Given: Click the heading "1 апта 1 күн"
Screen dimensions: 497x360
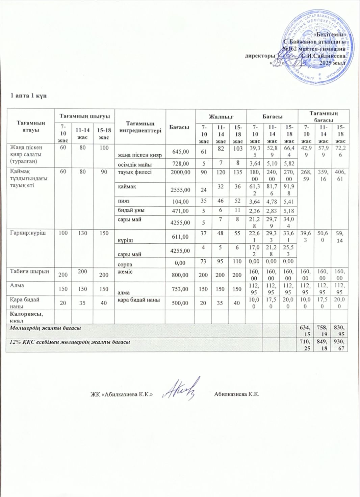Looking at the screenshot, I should [x=29, y=96].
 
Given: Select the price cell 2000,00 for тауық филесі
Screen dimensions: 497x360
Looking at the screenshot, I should [x=181, y=172].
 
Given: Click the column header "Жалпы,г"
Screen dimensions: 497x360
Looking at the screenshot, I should [x=221, y=116].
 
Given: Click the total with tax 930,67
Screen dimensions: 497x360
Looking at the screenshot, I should [x=340, y=345].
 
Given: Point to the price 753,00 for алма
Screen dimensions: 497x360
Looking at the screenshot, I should [x=180, y=289].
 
